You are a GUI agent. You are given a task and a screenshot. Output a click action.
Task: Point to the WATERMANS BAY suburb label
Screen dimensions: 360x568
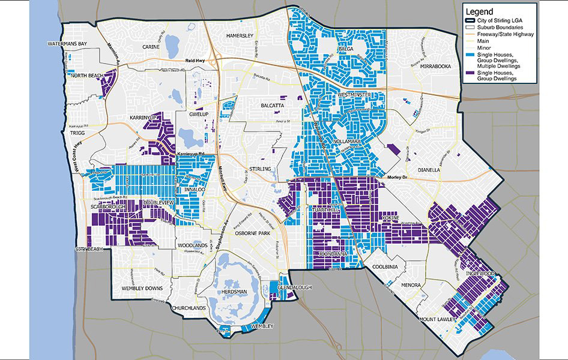pyautogui.click(x=68, y=44)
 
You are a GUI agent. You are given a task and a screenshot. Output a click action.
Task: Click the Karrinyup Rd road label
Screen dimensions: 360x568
pyautogui.click(x=191, y=154)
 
